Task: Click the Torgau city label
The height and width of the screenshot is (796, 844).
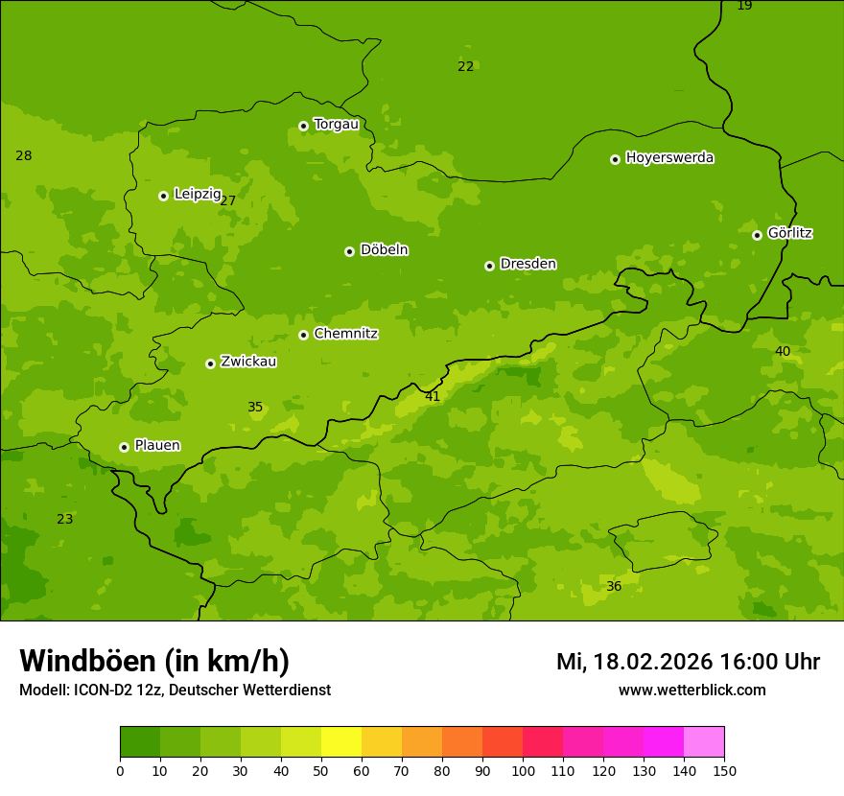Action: [336, 125]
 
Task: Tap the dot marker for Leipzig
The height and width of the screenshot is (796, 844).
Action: [163, 196]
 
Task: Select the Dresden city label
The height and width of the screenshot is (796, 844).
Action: [527, 264]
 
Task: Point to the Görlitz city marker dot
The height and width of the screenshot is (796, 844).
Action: [757, 235]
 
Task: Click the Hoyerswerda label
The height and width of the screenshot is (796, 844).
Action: [669, 158]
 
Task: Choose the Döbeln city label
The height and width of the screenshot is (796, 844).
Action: [384, 250]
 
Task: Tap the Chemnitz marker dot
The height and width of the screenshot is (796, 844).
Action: [303, 335]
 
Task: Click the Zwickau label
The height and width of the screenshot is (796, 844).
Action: [248, 362]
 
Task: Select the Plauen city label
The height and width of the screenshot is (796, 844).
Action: [157, 445]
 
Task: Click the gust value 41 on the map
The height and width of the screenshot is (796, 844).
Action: [433, 396]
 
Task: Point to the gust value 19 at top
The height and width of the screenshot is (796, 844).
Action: [744, 6]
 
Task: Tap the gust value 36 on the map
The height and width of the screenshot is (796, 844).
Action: [614, 586]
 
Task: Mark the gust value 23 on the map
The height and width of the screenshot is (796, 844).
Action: [64, 519]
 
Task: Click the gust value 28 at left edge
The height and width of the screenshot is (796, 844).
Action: [24, 155]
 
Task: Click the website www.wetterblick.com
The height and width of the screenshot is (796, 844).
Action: [692, 690]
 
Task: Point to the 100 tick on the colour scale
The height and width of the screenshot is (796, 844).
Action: [523, 770]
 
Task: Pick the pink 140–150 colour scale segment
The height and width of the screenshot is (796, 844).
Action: [704, 741]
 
